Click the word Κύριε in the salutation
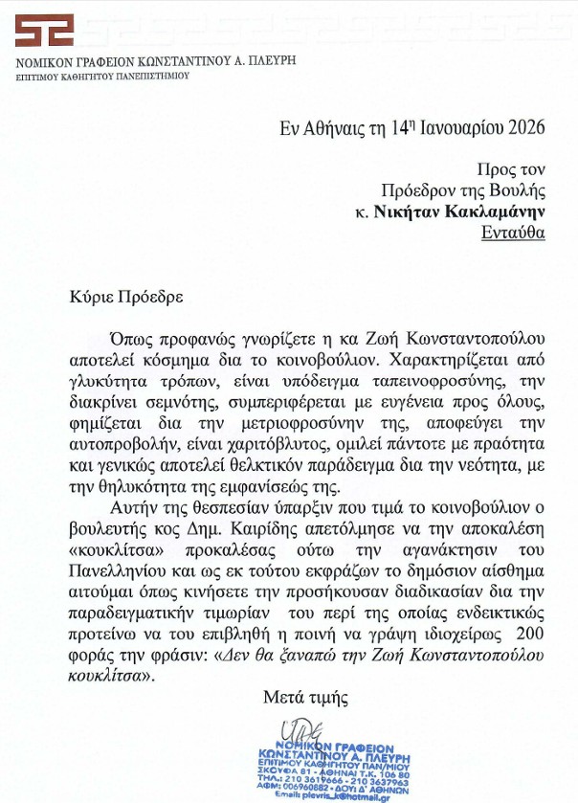click(x=91, y=296)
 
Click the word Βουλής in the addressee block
click(x=521, y=190)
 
